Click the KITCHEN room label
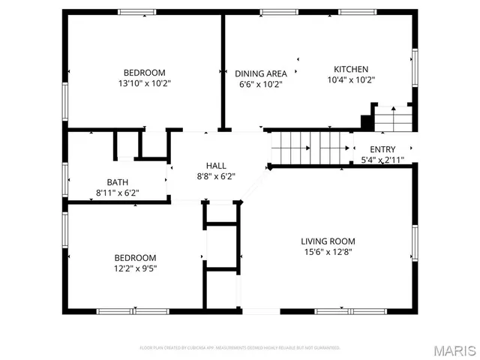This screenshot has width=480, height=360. coord(350,68)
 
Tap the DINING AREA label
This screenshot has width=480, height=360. coord(261,73)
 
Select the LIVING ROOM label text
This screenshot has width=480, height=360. coord(328,241)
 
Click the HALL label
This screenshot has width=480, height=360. coord(216,166)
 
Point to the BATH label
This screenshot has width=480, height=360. coord(118,181)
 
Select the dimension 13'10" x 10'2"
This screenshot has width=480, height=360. coord(145,83)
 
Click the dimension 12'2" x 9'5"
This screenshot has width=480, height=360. coord(135,268)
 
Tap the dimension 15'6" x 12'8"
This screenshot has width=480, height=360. coord(328,252)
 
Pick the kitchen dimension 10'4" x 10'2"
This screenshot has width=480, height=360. coord(350,79)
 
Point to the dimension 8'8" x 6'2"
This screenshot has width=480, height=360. coord(216,176)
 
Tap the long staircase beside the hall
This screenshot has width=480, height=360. coord(310,147)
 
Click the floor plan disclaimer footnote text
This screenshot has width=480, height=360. coord(240,348)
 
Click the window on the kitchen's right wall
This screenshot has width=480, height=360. coord(414,67)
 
